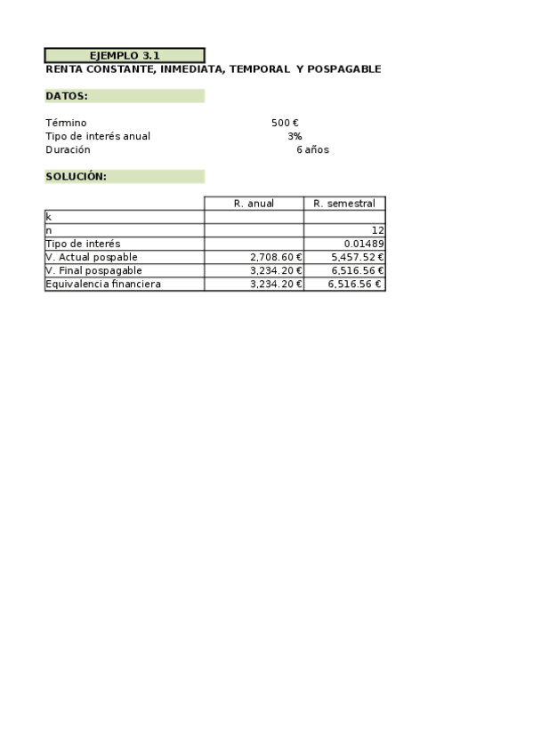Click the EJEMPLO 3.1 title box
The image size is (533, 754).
[125, 55]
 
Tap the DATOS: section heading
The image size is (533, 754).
[67, 96]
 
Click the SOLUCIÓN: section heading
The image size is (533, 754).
[77, 176]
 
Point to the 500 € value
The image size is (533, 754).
[285, 123]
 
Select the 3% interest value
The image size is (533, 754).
[295, 136]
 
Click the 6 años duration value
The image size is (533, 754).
[312, 149]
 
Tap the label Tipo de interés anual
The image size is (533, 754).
[98, 136]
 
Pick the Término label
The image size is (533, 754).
[66, 123]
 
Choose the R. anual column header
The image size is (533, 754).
[254, 204]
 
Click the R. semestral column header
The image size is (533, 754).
[344, 204]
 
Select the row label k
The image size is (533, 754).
[48, 217]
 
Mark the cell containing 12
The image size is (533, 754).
[377, 230]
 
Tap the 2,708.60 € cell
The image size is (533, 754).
[276, 257]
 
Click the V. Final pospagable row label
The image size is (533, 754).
[93, 270]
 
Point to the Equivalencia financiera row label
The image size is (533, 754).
[103, 284]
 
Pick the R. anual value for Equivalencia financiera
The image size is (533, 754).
[276, 284]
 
